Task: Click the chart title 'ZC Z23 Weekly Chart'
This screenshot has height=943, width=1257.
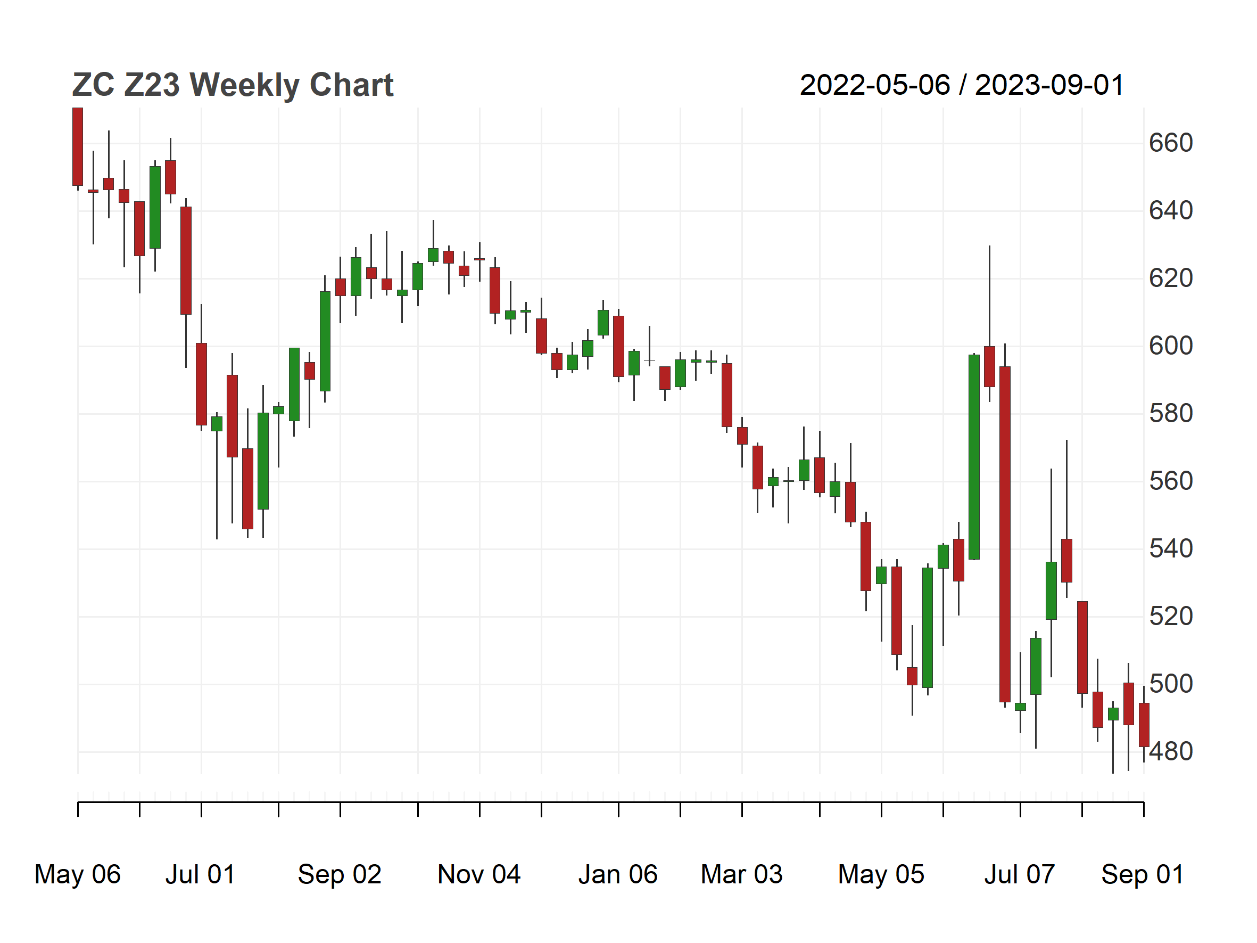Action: tap(233, 85)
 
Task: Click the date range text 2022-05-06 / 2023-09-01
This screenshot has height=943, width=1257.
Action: tap(962, 85)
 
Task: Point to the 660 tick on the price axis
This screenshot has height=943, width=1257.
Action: tap(1171, 143)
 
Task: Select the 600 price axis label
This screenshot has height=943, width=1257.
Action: tap(1171, 346)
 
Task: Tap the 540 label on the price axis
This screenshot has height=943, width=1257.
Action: tap(1171, 548)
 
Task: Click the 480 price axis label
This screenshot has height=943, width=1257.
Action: tap(1171, 751)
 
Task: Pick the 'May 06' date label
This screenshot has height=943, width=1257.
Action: tap(78, 874)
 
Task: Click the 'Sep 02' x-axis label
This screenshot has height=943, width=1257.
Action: tap(340, 874)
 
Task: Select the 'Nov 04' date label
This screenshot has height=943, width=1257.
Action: tap(479, 874)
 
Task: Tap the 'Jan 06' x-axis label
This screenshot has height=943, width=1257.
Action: tap(618, 874)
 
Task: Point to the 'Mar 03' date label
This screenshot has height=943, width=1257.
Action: tap(741, 874)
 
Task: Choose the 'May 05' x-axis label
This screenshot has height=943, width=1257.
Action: tap(881, 874)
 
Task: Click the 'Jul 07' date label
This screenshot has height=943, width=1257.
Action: tap(1020, 874)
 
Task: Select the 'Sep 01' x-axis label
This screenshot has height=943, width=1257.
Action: tap(1143, 874)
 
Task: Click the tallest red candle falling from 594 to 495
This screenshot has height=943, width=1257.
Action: tap(1005, 534)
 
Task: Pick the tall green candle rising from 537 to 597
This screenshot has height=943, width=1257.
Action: tap(974, 457)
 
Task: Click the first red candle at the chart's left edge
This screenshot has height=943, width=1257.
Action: tap(78, 146)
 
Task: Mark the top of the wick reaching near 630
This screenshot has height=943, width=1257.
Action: tap(989, 246)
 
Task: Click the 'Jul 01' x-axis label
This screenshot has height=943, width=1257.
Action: tap(201, 874)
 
